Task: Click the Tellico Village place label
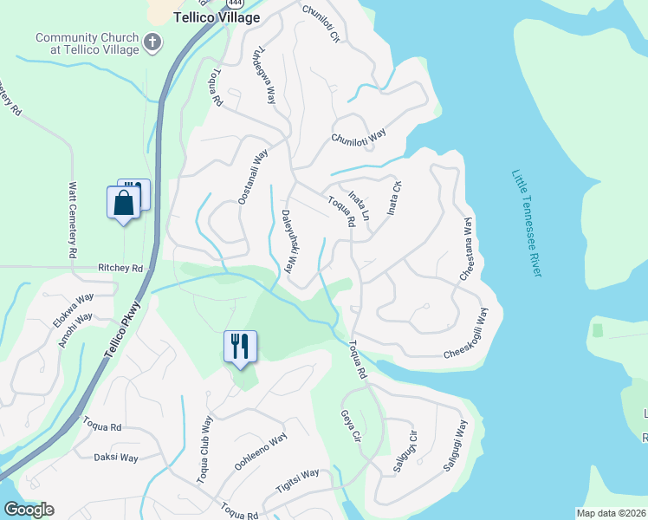217,17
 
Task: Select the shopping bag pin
124,205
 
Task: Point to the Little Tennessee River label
526,223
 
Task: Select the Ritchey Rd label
120,269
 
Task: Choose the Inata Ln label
359,205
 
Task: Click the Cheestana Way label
468,248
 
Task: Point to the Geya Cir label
350,429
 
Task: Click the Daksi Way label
116,457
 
